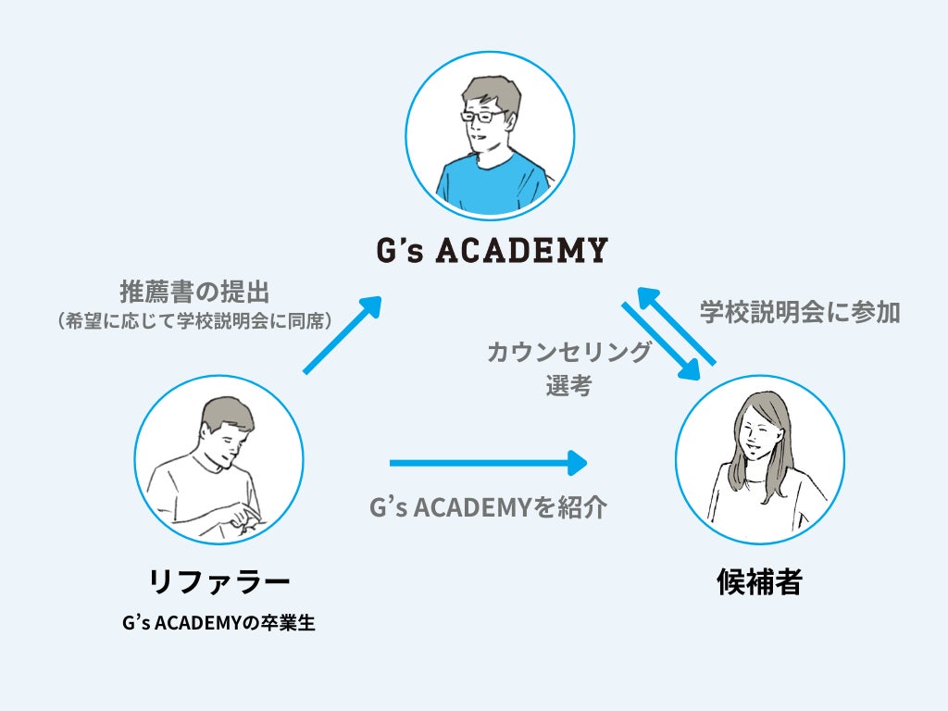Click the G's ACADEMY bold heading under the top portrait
coord(490,250)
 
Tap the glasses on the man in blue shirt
coord(483,118)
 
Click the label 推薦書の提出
coord(194,293)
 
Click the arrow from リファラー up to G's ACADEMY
coord(342,335)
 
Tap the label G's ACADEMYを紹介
coord(488,507)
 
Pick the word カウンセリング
coord(569,353)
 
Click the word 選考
coord(568,386)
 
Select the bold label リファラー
coord(219,581)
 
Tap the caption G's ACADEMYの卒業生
coord(218,623)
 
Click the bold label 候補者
coord(759,582)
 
